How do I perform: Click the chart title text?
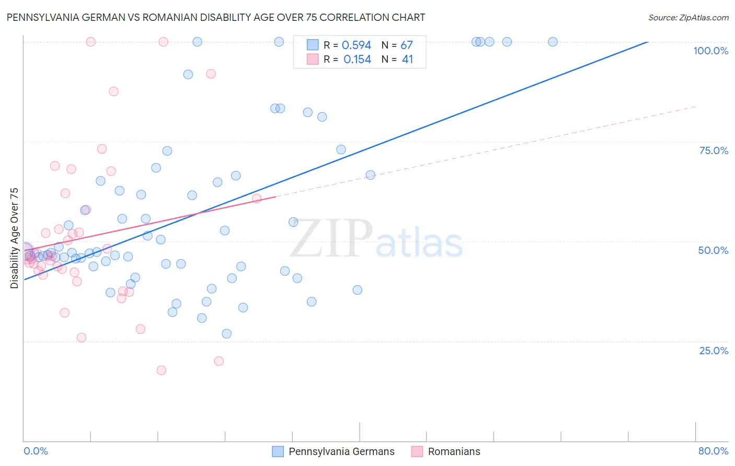[215, 17]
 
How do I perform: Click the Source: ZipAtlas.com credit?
[688, 18]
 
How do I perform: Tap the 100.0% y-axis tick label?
[710, 51]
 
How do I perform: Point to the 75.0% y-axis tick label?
[714, 150]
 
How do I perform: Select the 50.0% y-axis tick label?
[713, 250]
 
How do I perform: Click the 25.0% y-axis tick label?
[714, 351]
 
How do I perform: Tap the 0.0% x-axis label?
[36, 451]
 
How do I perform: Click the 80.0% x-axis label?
[713, 451]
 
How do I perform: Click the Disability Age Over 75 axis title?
[14, 238]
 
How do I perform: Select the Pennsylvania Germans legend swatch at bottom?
[278, 451]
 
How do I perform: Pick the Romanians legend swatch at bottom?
[417, 451]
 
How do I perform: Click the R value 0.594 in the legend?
[356, 45]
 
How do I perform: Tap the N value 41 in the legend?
[407, 60]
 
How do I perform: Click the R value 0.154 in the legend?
[357, 60]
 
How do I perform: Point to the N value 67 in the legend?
[407, 45]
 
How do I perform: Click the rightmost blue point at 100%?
[553, 42]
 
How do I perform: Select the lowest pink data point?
[162, 370]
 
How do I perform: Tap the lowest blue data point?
[226, 334]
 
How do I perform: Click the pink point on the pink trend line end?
[257, 199]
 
